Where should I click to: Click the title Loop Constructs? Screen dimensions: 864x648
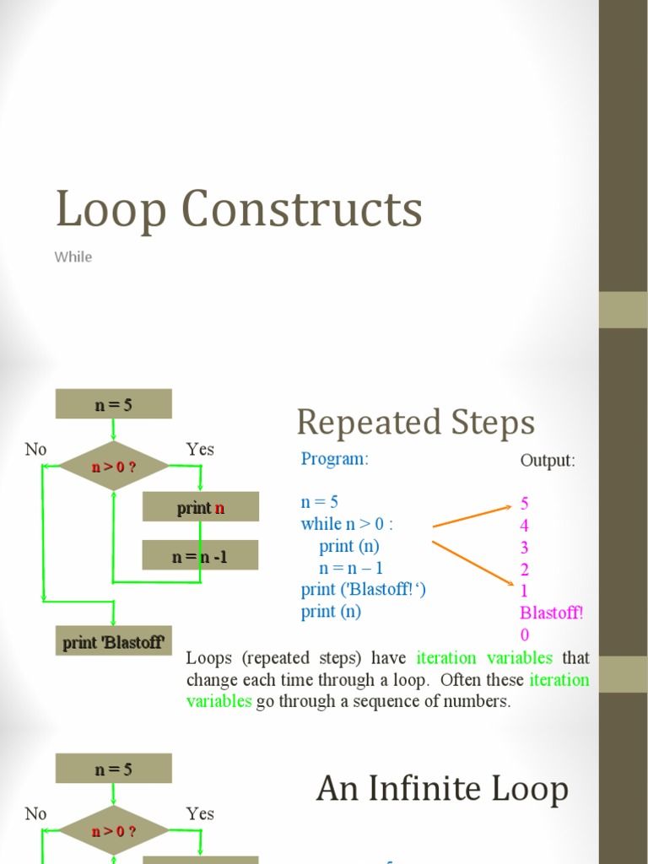(x=239, y=209)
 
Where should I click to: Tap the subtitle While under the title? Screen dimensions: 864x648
(x=73, y=256)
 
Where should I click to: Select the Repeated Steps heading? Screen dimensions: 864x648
(x=415, y=422)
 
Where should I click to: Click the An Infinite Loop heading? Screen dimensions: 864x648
(x=442, y=789)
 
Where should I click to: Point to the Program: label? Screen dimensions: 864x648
(x=335, y=459)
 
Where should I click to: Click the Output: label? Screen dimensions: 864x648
(x=548, y=461)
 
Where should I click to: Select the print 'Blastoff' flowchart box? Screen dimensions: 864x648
(x=113, y=642)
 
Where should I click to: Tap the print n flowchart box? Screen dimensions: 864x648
(x=200, y=507)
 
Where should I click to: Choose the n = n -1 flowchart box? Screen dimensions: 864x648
(x=200, y=556)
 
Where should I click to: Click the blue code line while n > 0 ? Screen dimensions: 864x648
(x=347, y=524)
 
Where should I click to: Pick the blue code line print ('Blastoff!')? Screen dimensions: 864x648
(x=363, y=590)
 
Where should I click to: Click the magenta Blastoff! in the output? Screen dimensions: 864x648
(x=551, y=613)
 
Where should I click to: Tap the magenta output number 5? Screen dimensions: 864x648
(x=525, y=504)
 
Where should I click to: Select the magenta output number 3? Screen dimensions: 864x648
(x=525, y=548)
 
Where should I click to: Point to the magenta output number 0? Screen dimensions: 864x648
(x=525, y=634)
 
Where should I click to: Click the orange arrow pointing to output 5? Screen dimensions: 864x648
(x=472, y=516)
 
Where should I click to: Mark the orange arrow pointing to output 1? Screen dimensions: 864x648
(x=472, y=561)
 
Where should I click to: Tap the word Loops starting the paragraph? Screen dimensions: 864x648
(x=208, y=657)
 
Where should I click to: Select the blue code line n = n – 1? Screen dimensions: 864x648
(x=351, y=568)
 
